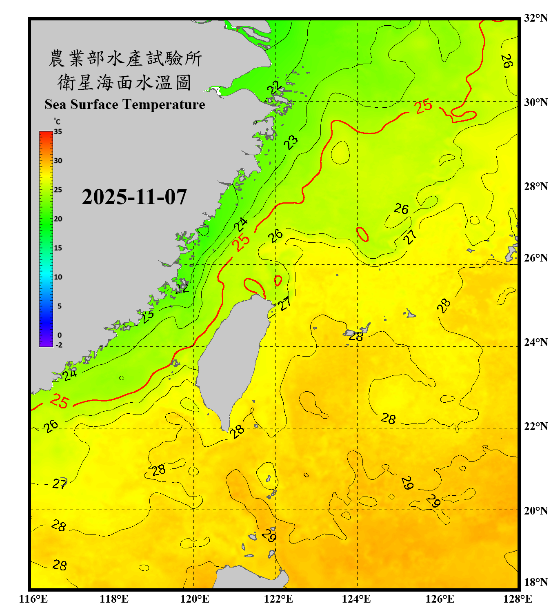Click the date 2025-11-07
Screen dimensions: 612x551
[x=134, y=197]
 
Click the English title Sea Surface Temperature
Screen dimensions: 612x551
[x=125, y=104]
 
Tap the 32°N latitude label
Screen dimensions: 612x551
[x=535, y=18]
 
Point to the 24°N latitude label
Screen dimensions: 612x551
[x=535, y=342]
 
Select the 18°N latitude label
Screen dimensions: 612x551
[x=535, y=582]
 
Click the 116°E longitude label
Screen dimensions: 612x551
[x=33, y=599]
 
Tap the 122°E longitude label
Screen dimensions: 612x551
[x=278, y=599]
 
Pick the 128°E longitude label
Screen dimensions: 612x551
[x=518, y=599]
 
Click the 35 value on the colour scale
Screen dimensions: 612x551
[x=58, y=132]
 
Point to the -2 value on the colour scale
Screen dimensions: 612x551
[x=59, y=345]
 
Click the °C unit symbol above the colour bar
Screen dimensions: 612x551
[x=57, y=122]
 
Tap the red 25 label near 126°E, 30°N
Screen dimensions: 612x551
[x=423, y=106]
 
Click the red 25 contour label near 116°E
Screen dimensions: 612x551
[x=60, y=401]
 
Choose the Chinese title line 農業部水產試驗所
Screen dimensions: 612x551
[x=125, y=58]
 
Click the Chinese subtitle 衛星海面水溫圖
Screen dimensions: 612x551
[x=124, y=82]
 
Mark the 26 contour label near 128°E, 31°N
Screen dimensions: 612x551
[x=507, y=61]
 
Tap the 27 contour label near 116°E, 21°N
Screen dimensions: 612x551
[x=60, y=484]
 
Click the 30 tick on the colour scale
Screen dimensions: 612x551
[x=58, y=161]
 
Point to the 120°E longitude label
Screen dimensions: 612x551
[x=195, y=599]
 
